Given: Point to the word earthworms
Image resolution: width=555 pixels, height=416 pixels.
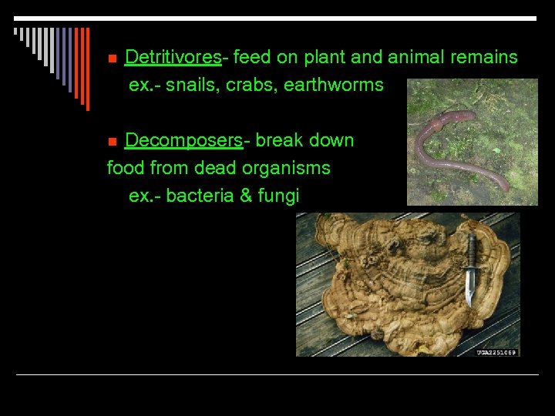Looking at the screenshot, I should pos(333,85).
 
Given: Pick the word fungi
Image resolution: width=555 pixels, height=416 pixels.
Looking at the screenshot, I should pos(278,196).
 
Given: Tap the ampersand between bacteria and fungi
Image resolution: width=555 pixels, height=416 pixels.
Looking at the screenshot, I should pos(246,196).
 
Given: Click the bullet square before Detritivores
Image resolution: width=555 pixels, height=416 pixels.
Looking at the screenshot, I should pos(111,59).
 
